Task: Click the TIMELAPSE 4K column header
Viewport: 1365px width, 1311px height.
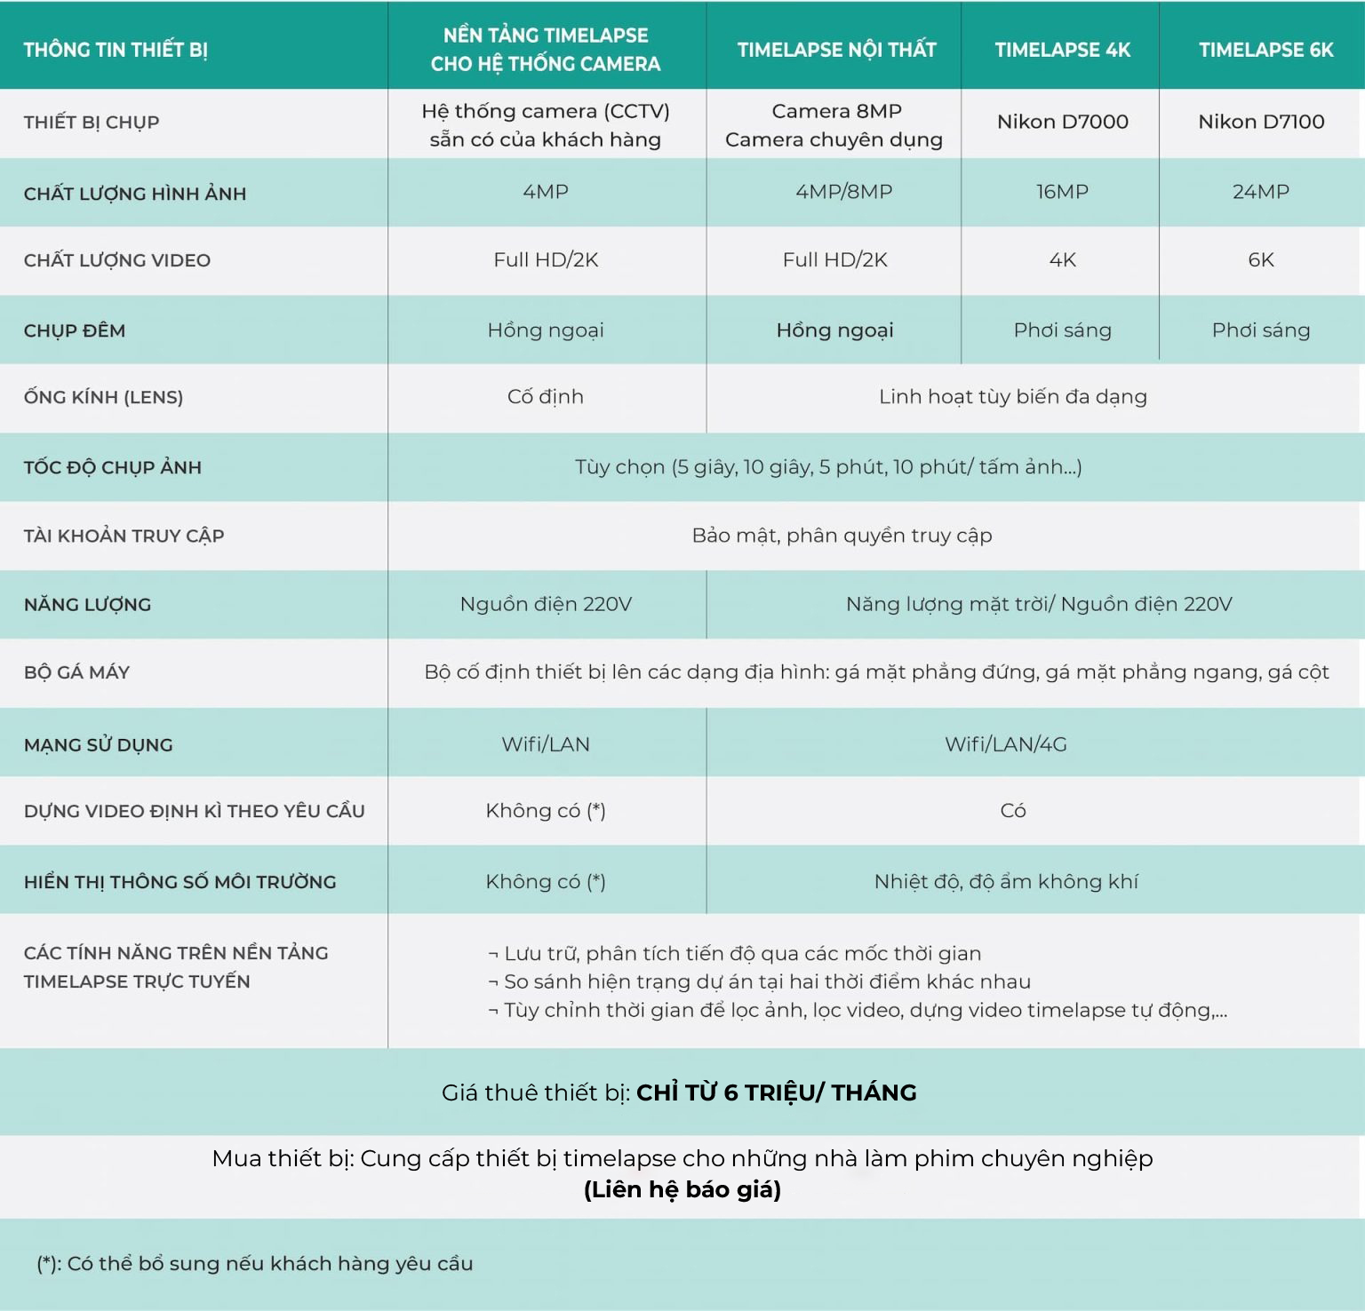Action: tap(1062, 50)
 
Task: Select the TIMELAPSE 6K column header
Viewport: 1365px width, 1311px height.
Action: tap(1265, 50)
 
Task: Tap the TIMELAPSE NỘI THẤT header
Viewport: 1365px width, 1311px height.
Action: tap(836, 50)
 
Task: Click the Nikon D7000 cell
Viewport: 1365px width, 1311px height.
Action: tap(1062, 122)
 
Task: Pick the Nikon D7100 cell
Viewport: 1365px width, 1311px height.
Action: tap(1261, 122)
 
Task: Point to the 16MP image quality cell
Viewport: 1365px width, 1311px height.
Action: tap(1062, 192)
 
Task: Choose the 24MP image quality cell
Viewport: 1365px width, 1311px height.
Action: tap(1260, 192)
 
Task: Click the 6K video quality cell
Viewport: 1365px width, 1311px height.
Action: tap(1260, 260)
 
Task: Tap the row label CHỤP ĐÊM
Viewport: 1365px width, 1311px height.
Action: tap(75, 330)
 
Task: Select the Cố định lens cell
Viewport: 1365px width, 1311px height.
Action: tap(545, 397)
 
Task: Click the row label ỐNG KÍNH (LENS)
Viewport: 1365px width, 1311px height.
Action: tap(103, 397)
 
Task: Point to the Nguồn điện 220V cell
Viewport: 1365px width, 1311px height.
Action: tap(545, 605)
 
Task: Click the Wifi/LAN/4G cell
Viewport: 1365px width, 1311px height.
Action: tap(1005, 744)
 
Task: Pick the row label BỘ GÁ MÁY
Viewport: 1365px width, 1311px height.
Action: tap(76, 672)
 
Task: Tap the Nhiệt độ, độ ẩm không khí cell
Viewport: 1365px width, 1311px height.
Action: tap(1005, 882)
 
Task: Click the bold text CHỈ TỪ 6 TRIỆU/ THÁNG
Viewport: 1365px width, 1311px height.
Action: tap(776, 1092)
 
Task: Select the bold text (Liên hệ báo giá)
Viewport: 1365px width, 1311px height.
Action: tap(682, 1189)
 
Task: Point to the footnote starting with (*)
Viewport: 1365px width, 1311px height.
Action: tap(255, 1263)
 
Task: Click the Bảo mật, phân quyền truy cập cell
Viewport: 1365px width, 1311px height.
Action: tap(842, 536)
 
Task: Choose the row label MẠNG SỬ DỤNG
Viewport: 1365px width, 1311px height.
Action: tap(98, 744)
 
